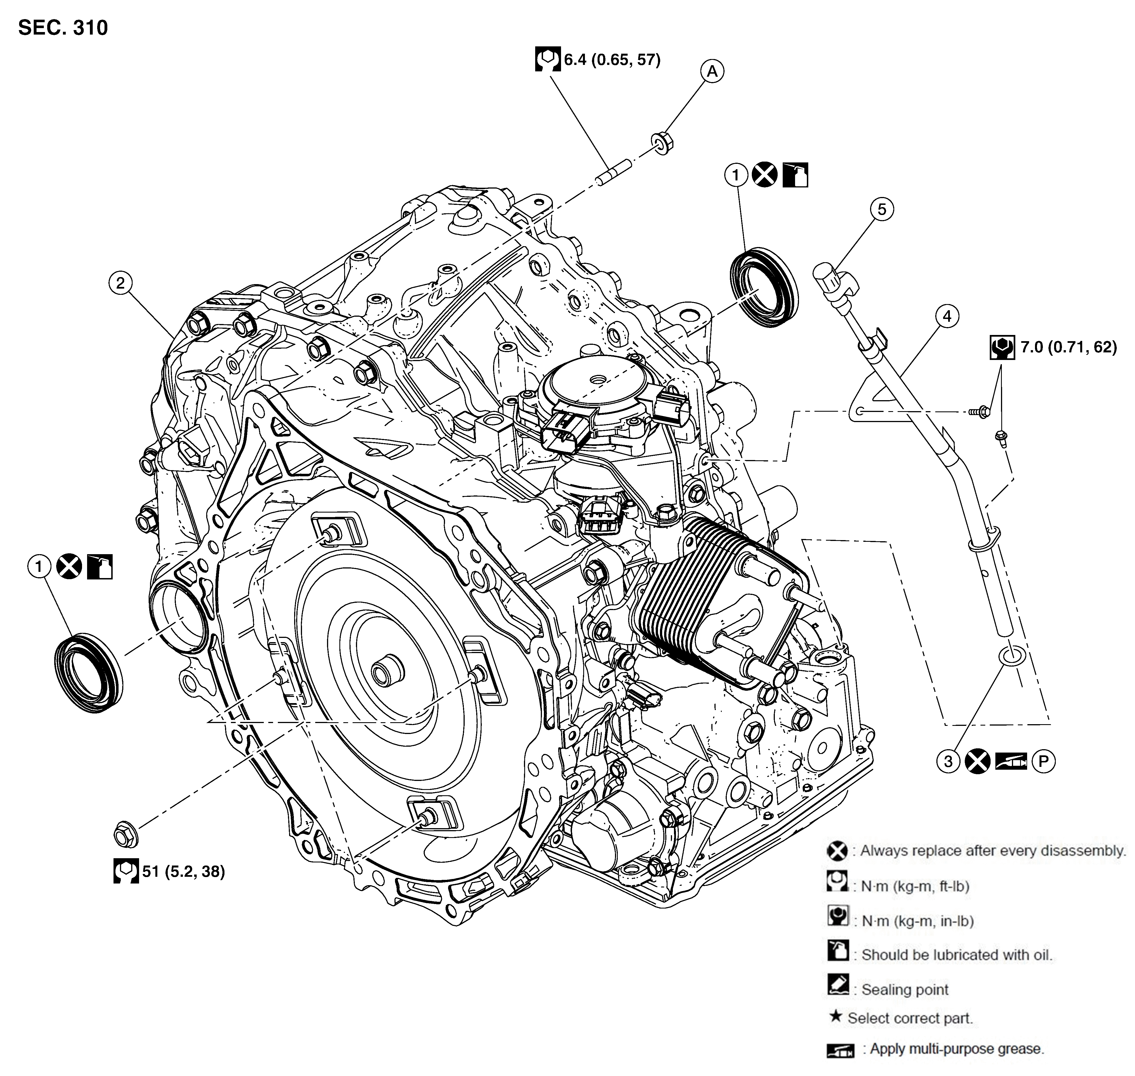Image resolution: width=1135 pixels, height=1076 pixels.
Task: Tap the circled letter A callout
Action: (712, 72)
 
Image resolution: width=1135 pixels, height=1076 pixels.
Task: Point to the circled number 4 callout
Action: (947, 316)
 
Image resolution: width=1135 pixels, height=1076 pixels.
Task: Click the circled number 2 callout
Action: (121, 283)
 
